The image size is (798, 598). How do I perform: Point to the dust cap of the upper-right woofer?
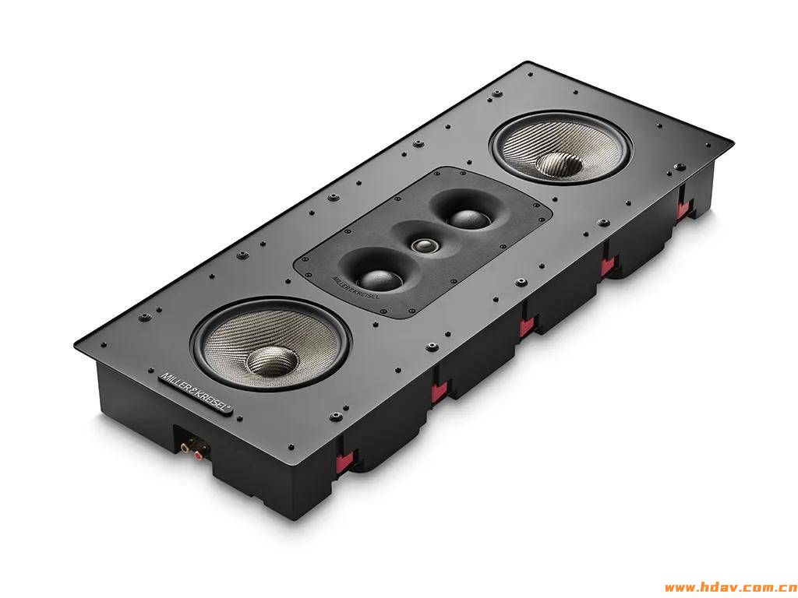[x=560, y=165]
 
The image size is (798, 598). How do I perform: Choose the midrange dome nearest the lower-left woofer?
[x=380, y=280]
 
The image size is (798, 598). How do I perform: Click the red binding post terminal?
[x=197, y=456]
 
